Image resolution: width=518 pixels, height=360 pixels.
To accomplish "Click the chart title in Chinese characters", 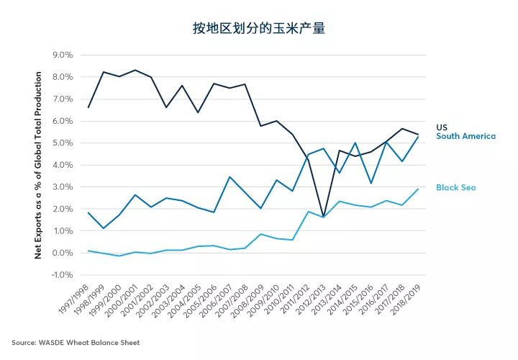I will [258, 29].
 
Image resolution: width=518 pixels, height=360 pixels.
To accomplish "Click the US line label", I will [442, 127].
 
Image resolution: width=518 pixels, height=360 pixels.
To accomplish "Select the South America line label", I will [465, 136].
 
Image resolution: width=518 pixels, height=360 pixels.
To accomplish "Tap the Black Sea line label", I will [455, 188].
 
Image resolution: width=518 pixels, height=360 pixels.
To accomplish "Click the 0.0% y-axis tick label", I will [63, 253].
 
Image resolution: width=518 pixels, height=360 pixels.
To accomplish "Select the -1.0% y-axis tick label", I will [62, 275].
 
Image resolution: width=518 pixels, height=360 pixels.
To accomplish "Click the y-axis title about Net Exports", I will [39, 165].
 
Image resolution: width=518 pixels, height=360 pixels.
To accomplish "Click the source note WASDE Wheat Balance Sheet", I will [76, 343].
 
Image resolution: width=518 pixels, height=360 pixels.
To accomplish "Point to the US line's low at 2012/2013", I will [323, 217].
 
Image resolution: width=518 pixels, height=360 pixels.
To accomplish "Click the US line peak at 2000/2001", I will [135, 70].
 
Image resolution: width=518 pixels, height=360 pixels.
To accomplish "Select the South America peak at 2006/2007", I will [229, 176].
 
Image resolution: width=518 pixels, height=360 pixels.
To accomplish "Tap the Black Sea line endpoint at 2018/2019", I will [418, 189].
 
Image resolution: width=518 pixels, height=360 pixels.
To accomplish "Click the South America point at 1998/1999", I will [103, 228].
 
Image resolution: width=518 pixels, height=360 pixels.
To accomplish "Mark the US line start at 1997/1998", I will [88, 107].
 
